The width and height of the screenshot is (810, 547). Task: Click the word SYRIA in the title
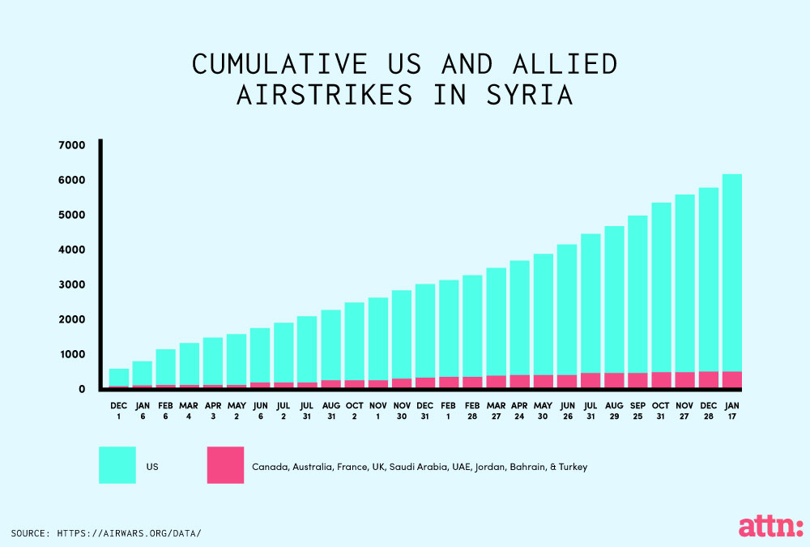pos(530,95)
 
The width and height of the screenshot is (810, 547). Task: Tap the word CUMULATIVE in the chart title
pos(279,64)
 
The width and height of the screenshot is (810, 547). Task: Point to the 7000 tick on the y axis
pos(72,145)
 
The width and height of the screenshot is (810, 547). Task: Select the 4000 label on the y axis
pos(72,250)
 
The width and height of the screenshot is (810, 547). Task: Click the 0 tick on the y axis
pos(82,389)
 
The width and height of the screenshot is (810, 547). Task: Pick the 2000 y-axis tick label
pos(72,319)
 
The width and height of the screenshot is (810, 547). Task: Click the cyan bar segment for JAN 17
pos(732,273)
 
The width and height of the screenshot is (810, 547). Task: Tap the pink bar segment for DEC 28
pos(708,379)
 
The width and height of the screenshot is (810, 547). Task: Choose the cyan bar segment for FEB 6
pos(166,367)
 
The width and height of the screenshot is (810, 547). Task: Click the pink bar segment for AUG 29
pos(614,381)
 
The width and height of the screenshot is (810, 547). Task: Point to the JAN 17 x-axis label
pos(732,411)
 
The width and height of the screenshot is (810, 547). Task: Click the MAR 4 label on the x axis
pos(189,411)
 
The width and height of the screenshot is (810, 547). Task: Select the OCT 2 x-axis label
pos(355,411)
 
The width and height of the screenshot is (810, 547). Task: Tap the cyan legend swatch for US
pos(117,465)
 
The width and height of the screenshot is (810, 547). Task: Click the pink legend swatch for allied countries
pos(225,465)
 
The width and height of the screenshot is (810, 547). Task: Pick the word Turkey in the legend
pos(573,467)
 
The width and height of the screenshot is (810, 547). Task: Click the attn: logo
pos(771,526)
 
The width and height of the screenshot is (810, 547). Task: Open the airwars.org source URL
pos(129,533)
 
